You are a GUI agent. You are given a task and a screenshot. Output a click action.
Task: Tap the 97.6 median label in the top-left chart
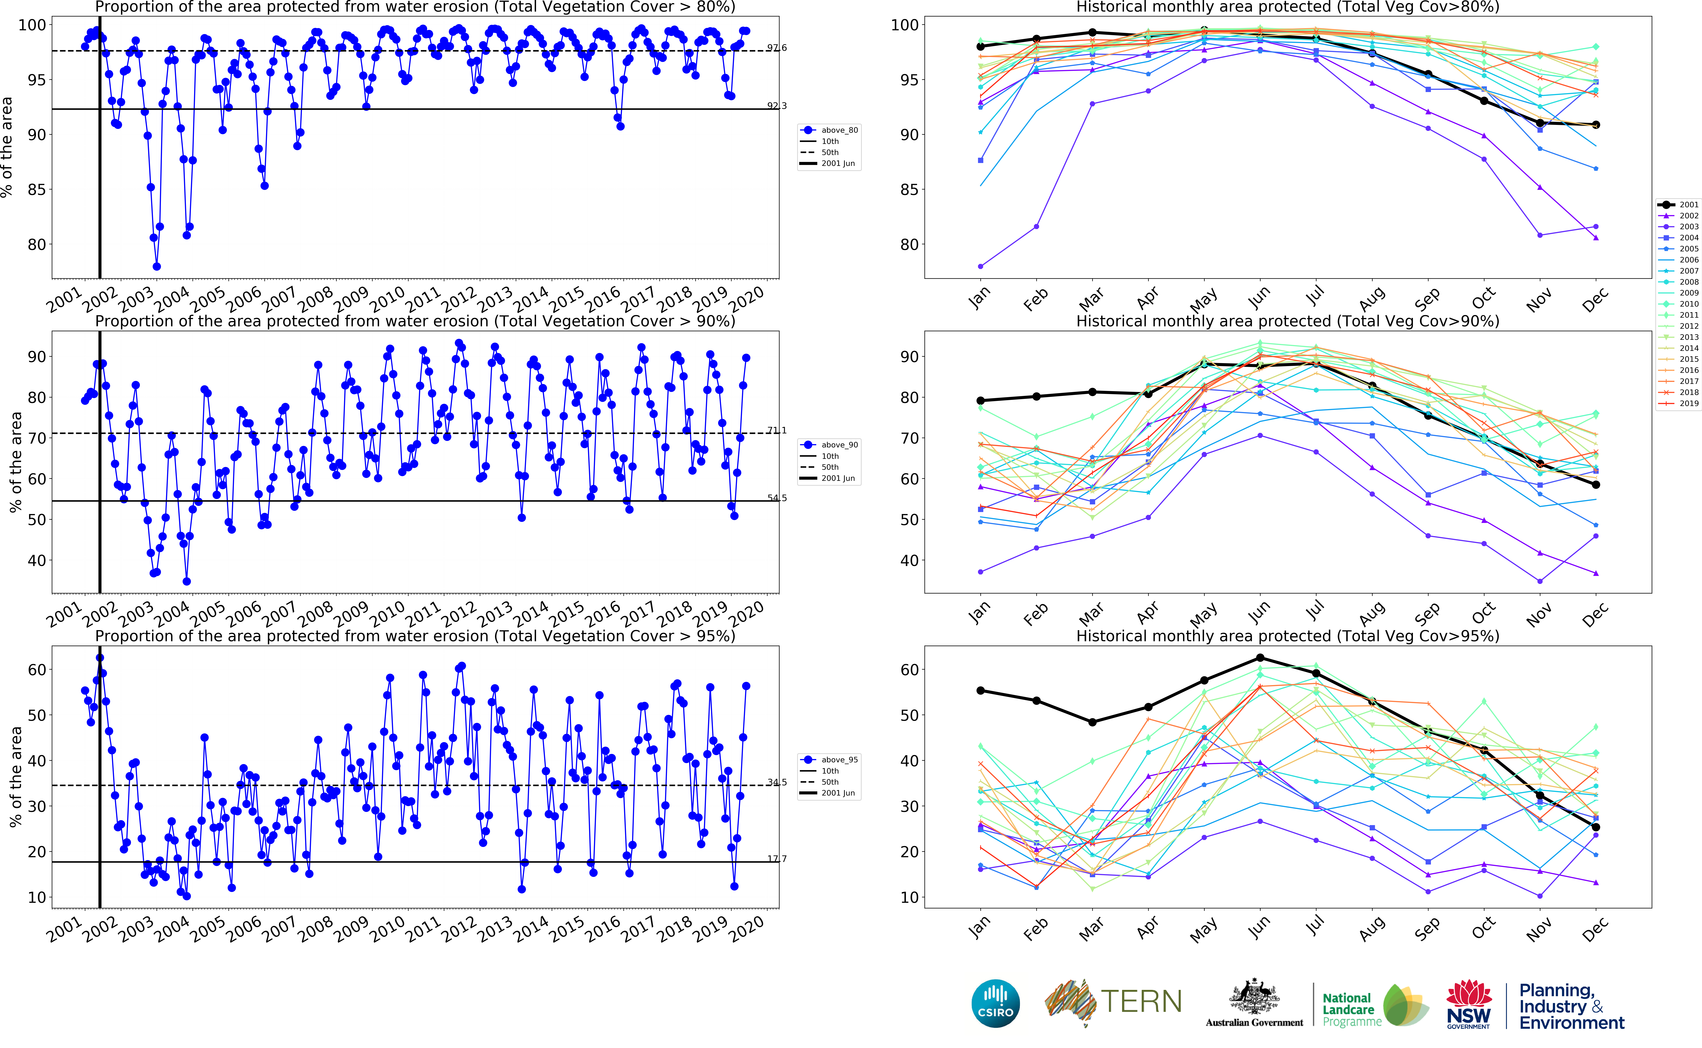[x=776, y=48]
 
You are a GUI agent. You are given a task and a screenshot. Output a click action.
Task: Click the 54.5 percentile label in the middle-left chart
[x=776, y=498]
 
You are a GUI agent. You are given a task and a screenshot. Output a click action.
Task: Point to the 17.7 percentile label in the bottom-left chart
[x=776, y=859]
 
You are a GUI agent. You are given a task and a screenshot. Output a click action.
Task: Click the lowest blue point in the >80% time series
[x=157, y=266]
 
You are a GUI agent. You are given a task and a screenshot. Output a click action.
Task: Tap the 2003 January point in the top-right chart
[x=980, y=266]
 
